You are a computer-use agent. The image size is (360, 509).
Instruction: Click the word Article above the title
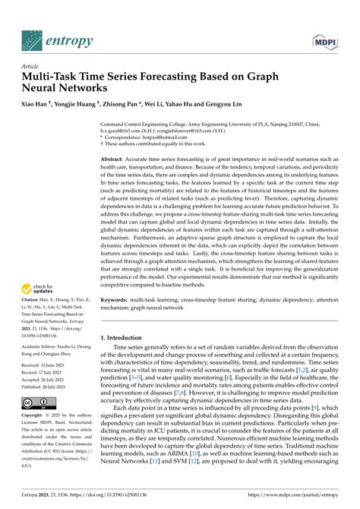point(30,66)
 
